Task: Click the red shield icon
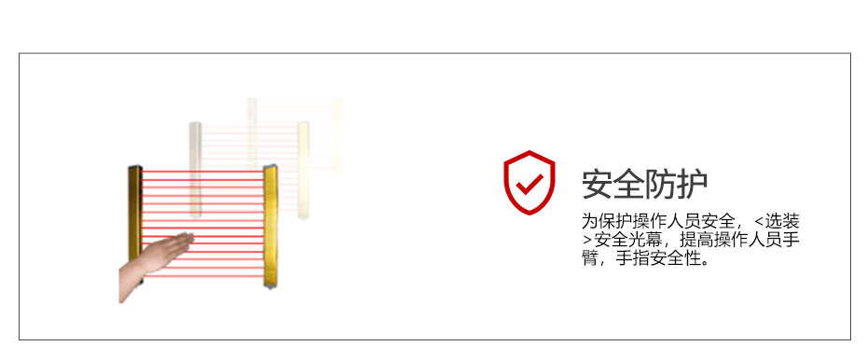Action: click(x=529, y=182)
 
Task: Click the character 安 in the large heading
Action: click(x=599, y=185)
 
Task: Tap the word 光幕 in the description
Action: click(x=643, y=241)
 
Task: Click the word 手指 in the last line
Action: click(x=628, y=258)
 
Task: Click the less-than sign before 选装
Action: click(x=760, y=222)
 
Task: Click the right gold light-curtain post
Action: click(x=271, y=224)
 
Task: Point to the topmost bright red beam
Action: click(x=201, y=171)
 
